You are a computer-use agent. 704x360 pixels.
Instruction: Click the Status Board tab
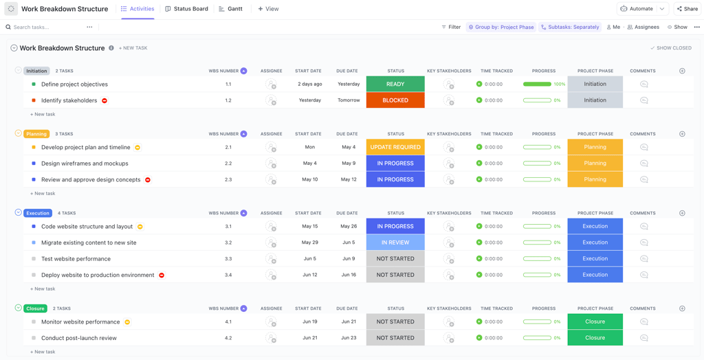click(186, 9)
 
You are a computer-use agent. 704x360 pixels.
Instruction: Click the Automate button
click(637, 9)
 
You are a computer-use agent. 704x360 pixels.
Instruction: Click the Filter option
click(451, 27)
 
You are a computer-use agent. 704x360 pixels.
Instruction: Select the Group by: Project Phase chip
click(501, 27)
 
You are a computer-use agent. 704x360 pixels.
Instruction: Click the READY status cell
click(395, 85)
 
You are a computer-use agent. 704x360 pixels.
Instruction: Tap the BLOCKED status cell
click(395, 100)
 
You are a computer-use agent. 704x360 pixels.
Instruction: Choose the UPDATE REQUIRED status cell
click(395, 147)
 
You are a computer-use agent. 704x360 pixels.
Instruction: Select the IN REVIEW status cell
click(395, 243)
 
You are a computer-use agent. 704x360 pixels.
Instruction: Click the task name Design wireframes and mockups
click(85, 164)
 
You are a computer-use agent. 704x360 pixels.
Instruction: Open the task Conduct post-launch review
click(78, 338)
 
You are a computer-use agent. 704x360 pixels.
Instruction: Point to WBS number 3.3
click(228, 259)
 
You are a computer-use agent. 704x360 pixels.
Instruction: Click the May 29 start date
click(310, 243)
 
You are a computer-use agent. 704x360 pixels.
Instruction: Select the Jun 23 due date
click(349, 338)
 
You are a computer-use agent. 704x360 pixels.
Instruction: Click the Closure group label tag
click(35, 308)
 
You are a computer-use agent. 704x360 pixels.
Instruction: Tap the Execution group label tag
click(38, 213)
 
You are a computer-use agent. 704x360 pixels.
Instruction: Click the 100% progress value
click(559, 85)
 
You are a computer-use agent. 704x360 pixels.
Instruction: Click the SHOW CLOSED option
click(671, 48)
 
